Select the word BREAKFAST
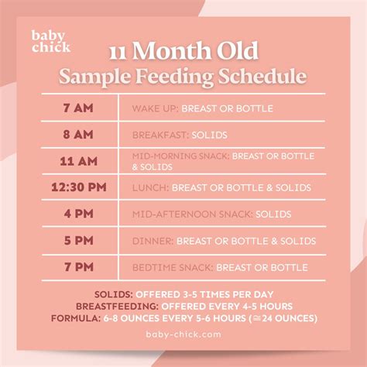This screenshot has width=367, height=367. [159, 134]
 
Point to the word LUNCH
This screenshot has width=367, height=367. [149, 187]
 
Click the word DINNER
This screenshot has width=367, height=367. [152, 241]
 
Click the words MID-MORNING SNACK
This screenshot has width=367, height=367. [180, 156]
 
